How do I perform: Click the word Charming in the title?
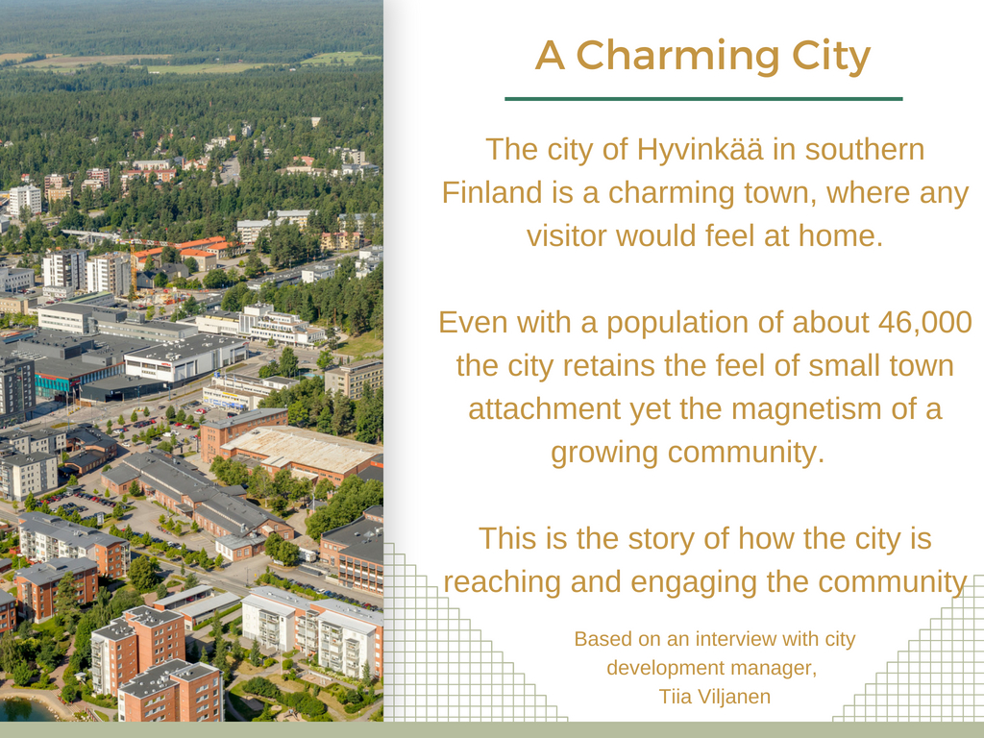pyautogui.click(x=677, y=57)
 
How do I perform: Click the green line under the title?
pyautogui.click(x=703, y=99)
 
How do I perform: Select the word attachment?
pyautogui.click(x=544, y=409)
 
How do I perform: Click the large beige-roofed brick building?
pyautogui.click(x=300, y=450)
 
